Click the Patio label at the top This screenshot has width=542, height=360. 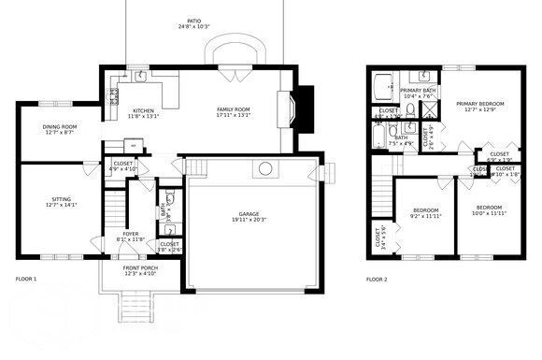[x=193, y=20]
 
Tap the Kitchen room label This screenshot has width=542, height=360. [x=143, y=111]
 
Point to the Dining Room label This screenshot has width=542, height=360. [x=59, y=127]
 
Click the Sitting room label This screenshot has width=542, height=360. [x=59, y=198]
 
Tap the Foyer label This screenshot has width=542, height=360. [x=131, y=235]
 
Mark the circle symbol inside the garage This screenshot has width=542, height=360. [x=265, y=169]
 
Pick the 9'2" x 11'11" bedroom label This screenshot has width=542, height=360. [x=425, y=211]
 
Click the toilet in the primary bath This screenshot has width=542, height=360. [x=410, y=110]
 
